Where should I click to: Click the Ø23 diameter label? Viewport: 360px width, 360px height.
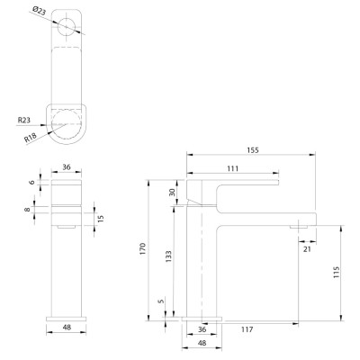pyautogui.click(x=39, y=12)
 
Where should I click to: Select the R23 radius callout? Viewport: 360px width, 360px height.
pyautogui.click(x=24, y=121)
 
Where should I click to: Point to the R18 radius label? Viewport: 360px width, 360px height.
pyautogui.click(x=31, y=137)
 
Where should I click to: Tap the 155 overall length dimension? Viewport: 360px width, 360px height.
pyautogui.click(x=253, y=150)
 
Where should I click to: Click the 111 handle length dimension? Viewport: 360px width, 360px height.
pyautogui.click(x=233, y=168)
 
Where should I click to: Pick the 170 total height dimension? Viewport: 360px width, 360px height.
pyautogui.click(x=142, y=249)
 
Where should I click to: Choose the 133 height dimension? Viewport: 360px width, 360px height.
pyautogui.click(x=168, y=256)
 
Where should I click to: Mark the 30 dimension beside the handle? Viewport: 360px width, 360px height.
pyautogui.click(x=172, y=193)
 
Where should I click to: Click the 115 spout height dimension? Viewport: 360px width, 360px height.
pyautogui.click(x=337, y=272)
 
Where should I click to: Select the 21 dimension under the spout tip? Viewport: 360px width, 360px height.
pyautogui.click(x=307, y=248)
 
